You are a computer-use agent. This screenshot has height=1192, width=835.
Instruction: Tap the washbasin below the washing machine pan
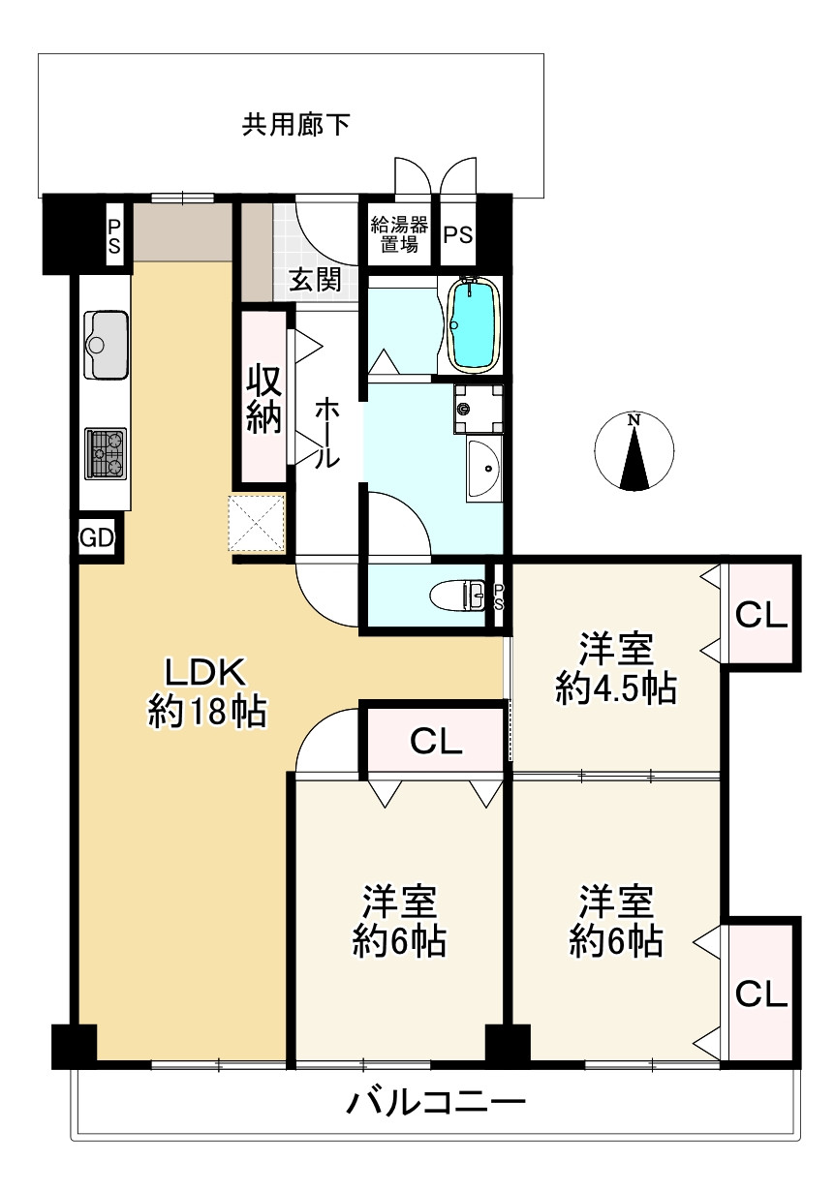tap(482, 470)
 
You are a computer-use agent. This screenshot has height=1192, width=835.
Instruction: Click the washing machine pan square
tap(479, 408)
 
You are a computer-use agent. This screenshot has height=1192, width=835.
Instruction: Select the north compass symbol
tap(634, 451)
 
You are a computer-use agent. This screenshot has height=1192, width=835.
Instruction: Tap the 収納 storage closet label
tap(263, 398)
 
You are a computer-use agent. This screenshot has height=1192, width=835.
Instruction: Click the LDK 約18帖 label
tap(206, 690)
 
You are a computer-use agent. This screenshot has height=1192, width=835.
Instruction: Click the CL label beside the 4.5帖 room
tap(761, 615)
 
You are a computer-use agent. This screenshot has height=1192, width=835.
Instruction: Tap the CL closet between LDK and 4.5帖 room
tap(435, 742)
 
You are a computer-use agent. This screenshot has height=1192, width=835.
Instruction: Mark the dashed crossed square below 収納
tap(257, 524)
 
